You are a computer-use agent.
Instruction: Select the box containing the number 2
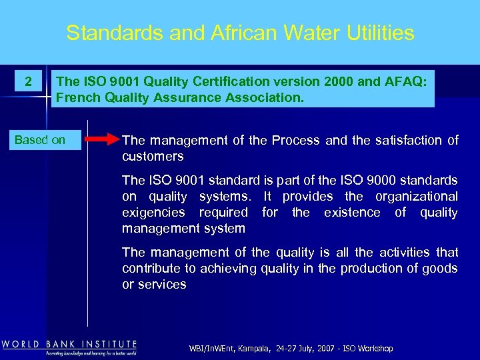(x=28, y=82)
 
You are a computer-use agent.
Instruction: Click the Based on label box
(x=40, y=140)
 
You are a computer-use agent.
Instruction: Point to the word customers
(x=153, y=156)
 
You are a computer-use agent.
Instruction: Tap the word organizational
(x=416, y=197)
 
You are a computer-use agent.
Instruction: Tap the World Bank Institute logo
(x=69, y=347)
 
